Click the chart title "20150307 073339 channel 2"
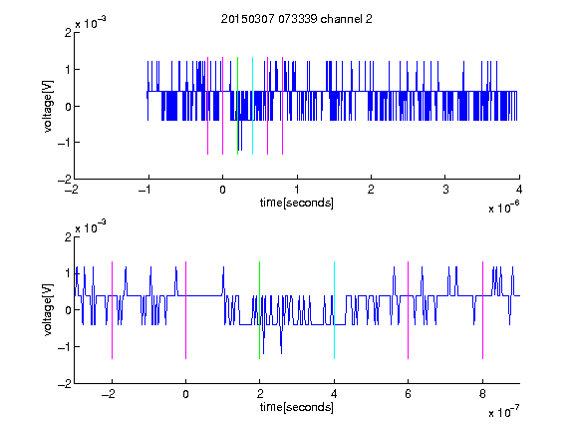point(297,19)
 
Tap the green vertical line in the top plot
point(237,106)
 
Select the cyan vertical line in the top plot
point(252,106)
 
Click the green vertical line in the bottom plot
point(259,310)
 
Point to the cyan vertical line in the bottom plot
point(334,310)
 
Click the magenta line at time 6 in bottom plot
point(409,310)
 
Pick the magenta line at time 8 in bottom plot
point(483,310)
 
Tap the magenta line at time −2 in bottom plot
point(112,310)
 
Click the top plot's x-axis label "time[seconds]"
point(297,203)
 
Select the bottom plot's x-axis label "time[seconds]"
point(297,407)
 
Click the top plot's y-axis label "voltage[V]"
point(48,106)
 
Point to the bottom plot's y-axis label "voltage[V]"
point(48,310)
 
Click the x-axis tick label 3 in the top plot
point(445,190)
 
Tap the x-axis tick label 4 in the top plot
point(519,190)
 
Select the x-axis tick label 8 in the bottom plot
point(482,394)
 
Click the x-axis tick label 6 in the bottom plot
point(409,394)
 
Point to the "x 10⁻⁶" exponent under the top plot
point(503,208)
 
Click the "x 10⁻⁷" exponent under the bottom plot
point(503,412)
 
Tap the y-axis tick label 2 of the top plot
point(68,33)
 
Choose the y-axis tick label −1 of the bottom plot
point(65,347)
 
